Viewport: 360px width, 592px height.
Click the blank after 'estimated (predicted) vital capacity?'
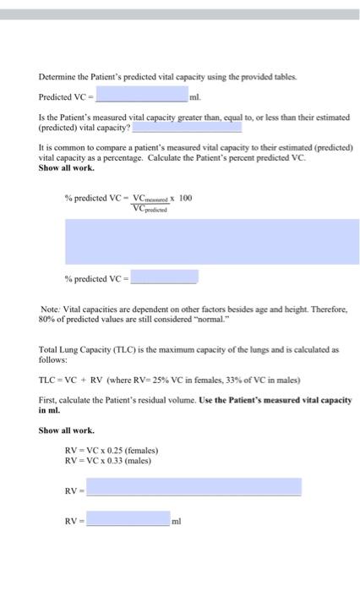click(x=187, y=127)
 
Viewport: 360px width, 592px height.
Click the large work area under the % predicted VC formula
click(x=206, y=241)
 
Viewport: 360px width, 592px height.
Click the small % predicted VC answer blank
click(x=164, y=277)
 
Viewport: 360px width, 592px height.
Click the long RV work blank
click(x=194, y=487)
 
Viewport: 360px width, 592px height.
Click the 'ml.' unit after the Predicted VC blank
click(x=198, y=96)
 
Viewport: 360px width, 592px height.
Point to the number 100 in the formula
click(x=186, y=197)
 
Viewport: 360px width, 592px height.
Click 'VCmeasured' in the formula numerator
click(x=151, y=198)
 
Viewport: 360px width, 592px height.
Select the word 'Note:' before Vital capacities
click(x=51, y=310)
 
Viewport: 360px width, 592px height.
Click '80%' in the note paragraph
click(x=47, y=321)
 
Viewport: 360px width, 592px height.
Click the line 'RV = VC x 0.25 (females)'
click(x=111, y=450)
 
